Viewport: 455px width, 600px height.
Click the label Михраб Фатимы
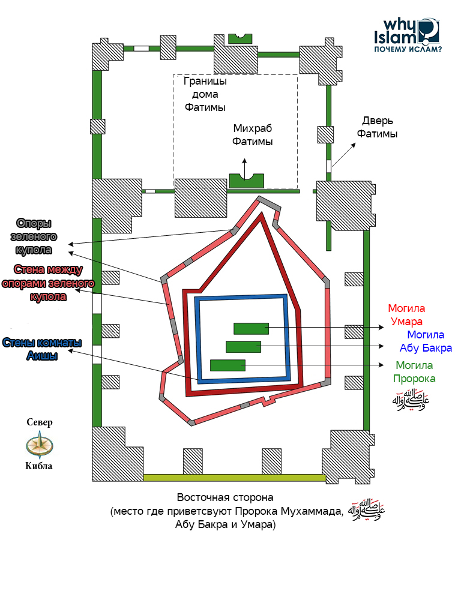253,136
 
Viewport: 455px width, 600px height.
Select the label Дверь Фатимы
377,127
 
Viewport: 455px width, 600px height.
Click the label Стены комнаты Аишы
42,349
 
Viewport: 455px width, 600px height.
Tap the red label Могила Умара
406,315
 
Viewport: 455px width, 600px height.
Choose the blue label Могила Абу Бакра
426,341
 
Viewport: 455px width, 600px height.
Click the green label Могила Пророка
414,371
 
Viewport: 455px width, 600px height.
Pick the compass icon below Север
40,445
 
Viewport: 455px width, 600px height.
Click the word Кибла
40,466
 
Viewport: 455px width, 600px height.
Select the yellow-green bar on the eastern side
234,478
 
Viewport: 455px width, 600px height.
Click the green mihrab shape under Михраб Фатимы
247,181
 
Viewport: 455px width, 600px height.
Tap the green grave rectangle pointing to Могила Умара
251,328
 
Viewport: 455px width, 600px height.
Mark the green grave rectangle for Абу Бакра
243,346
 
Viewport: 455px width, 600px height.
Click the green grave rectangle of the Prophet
227,365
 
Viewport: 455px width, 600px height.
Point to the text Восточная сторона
225,498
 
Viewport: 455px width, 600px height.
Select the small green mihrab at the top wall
240,38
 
